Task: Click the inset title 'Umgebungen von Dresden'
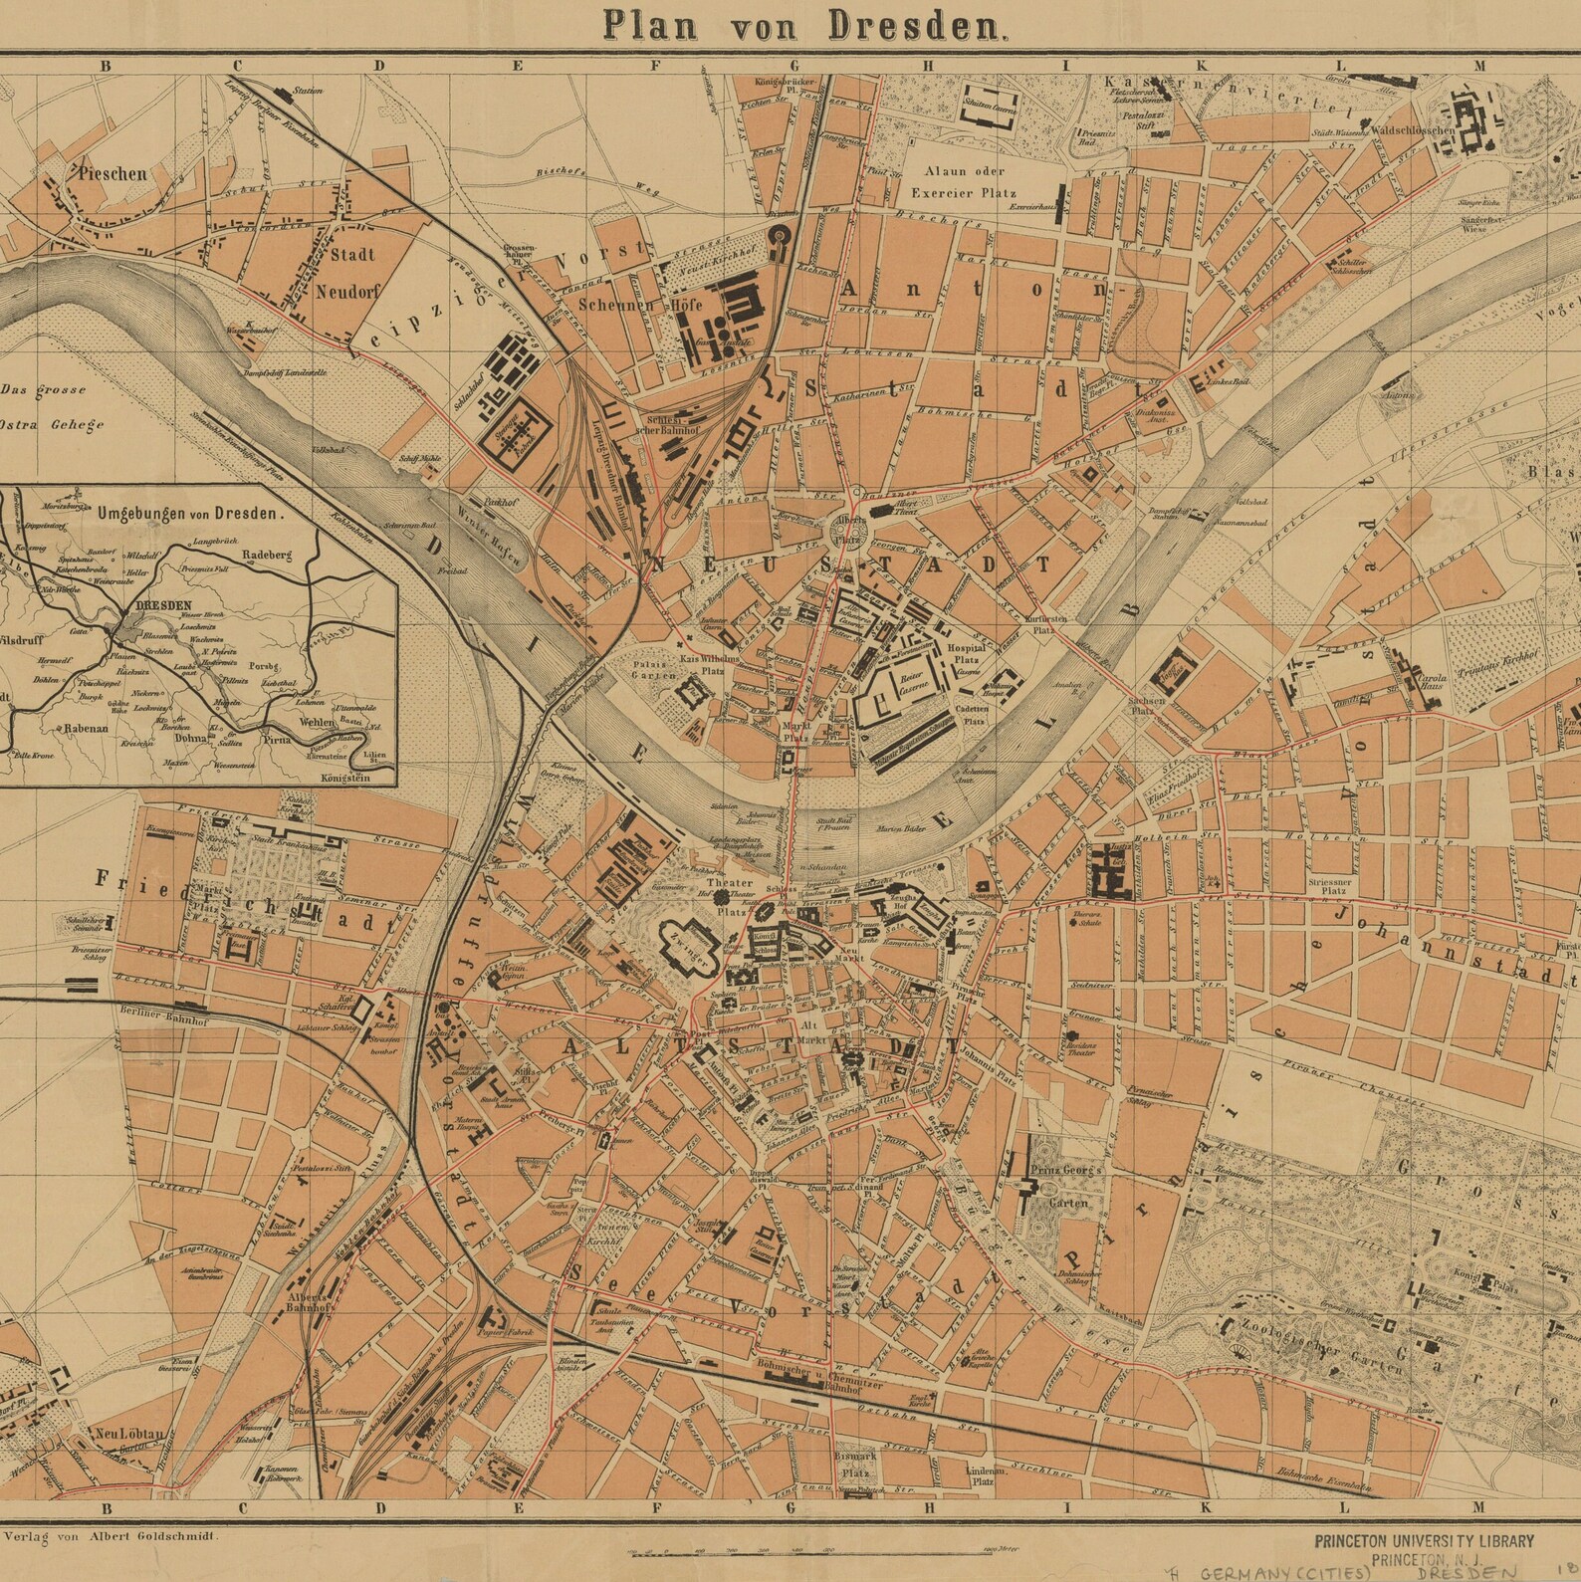[190, 516]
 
